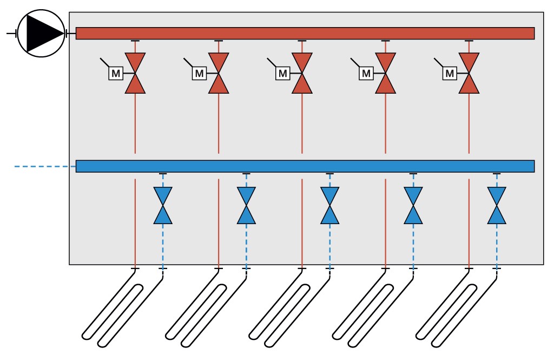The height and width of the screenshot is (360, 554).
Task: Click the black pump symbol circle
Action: point(41,34)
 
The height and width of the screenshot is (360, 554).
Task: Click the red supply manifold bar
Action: point(305,34)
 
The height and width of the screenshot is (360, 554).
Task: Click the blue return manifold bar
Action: point(305,166)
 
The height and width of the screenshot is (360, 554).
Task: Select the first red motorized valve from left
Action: point(135,73)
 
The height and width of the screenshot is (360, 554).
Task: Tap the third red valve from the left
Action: point(302,73)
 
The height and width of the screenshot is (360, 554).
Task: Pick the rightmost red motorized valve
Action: point(469,73)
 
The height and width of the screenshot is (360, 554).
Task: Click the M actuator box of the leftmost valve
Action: point(116,73)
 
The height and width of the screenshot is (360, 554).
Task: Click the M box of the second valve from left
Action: point(199,73)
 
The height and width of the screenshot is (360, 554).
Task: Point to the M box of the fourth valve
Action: point(366,73)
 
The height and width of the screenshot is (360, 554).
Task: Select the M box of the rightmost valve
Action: point(450,73)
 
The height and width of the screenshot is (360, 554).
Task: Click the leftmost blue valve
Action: point(163,206)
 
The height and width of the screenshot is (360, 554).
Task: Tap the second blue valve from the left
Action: point(246,206)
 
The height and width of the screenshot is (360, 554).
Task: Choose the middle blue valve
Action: point(329,206)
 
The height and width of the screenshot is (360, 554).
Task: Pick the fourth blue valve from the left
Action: point(413,206)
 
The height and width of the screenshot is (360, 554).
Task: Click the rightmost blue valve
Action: point(497,206)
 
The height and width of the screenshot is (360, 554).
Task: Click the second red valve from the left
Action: point(219,73)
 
